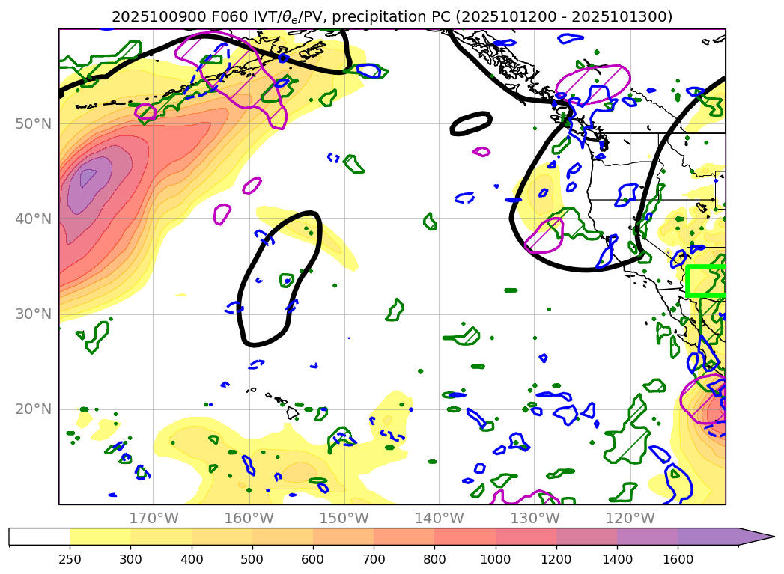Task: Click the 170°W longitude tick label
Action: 154,518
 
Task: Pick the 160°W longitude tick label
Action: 249,518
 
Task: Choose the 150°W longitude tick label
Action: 344,518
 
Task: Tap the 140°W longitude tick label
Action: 440,518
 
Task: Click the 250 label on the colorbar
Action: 70,558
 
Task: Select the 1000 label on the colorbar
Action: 495,558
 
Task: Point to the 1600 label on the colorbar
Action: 678,558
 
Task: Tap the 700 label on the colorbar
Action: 374,558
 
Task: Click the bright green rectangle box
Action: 705,281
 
